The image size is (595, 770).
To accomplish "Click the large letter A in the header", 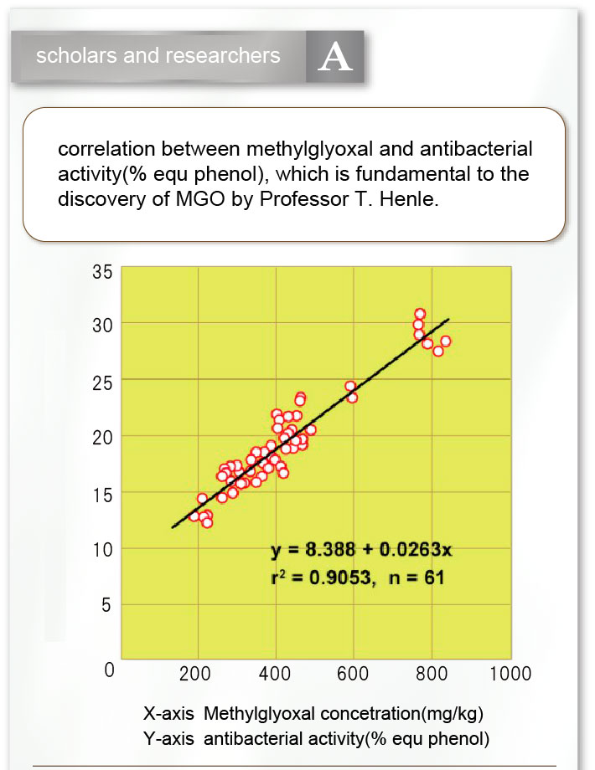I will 335,58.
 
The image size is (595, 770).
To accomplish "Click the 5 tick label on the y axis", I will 106,606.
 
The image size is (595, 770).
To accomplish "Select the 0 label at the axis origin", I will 107,670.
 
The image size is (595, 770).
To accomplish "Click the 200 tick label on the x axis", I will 195,674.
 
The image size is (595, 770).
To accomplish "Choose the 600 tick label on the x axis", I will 352,674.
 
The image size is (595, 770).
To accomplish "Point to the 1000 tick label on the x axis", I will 510,674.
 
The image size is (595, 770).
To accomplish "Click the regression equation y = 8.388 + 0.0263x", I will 361,550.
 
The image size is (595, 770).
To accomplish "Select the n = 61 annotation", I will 416,577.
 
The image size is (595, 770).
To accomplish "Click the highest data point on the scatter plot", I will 420,314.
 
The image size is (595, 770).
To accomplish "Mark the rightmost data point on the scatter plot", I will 446,341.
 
